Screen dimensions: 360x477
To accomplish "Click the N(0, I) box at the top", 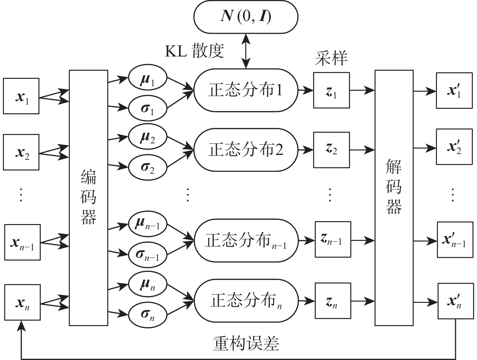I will coord(246,17).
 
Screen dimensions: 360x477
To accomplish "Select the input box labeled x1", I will coord(21,96).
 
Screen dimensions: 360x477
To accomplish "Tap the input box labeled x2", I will coord(21,152).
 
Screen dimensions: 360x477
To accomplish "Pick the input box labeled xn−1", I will coord(22,242).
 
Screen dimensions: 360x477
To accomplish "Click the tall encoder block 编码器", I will coord(88,198).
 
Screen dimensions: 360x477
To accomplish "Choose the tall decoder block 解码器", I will coord(394,198).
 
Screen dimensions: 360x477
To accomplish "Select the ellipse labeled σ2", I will coord(148,167).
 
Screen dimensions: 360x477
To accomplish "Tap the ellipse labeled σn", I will coord(148,314).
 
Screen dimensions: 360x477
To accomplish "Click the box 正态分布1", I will coord(246,90).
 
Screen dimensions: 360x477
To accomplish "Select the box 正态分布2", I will coord(246,150).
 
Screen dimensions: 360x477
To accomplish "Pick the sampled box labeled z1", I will coord(331,90).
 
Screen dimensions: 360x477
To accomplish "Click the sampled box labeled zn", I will coord(333,301).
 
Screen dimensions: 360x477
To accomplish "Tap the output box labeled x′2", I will coord(454,147).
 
